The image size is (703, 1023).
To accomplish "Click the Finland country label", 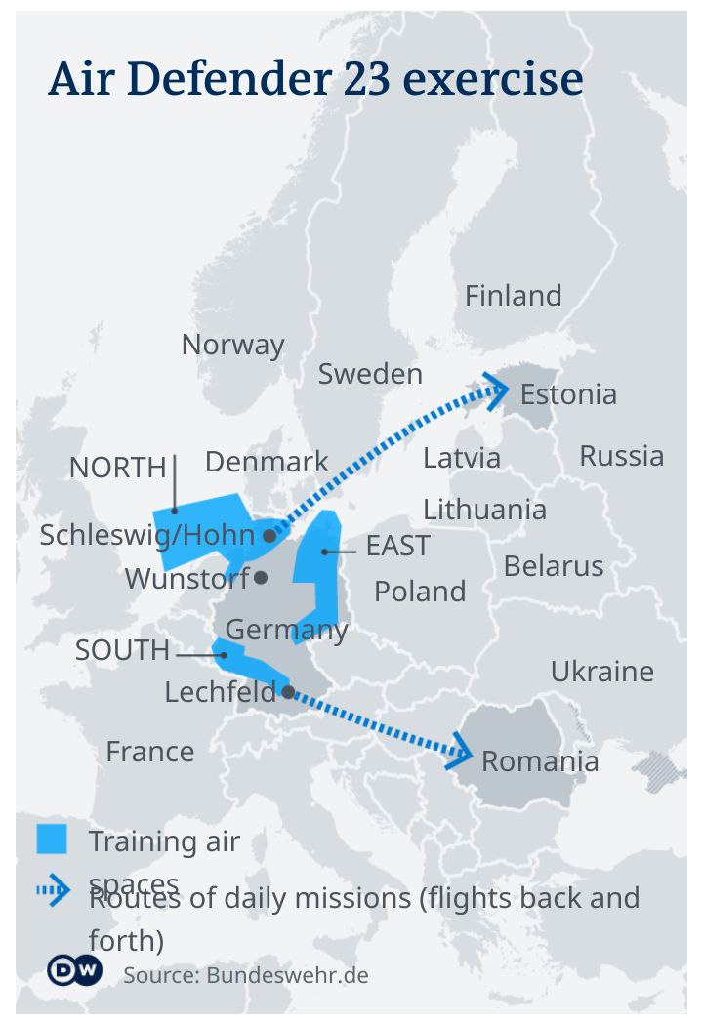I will (513, 296).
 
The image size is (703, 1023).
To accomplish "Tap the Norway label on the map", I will (232, 345).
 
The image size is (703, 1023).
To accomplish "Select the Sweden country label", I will (370, 374).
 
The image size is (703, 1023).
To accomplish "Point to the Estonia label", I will (568, 394).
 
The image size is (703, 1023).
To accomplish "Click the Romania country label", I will (540, 761).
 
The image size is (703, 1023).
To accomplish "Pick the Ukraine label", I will (601, 672).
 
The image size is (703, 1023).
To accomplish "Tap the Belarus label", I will (554, 566).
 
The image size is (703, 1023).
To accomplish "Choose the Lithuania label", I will (484, 510).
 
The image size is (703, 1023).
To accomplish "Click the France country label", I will (149, 752).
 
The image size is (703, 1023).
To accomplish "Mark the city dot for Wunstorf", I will (261, 578).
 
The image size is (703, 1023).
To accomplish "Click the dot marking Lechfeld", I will (288, 691).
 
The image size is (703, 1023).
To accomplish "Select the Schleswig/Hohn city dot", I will (269, 536).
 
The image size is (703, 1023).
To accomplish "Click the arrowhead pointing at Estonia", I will (498, 390).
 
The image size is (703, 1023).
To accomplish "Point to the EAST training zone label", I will (397, 547).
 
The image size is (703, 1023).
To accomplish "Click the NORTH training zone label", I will (118, 469).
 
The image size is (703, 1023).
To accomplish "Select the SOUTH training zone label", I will (122, 651).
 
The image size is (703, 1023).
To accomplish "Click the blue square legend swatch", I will (52, 839).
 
